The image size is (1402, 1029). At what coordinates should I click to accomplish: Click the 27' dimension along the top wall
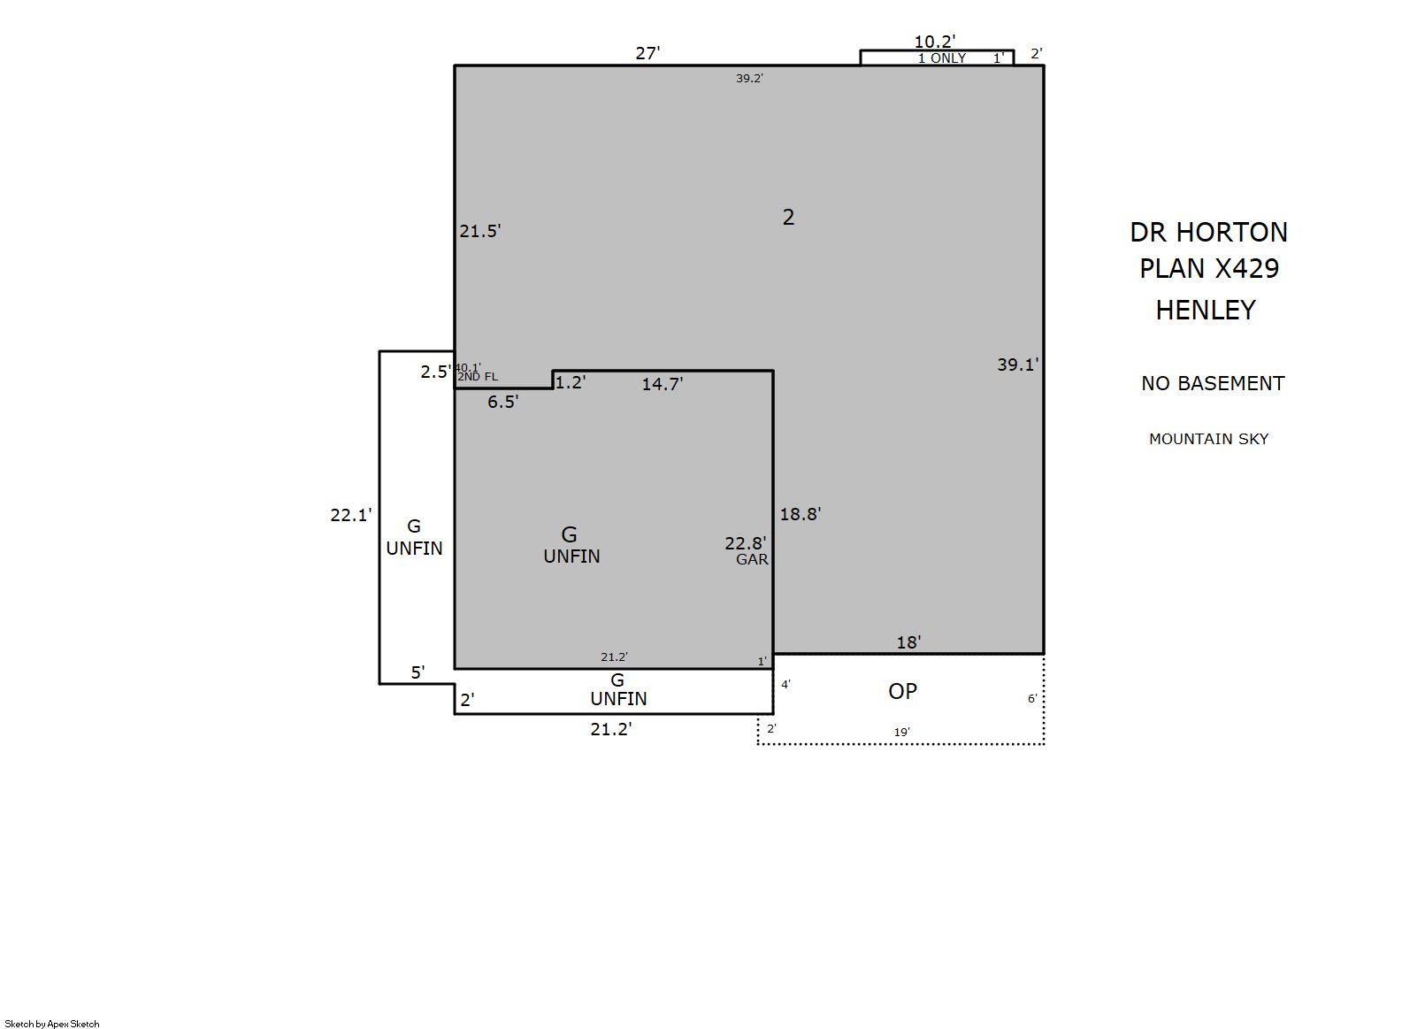tap(647, 53)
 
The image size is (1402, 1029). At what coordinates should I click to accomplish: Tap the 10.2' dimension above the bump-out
tap(934, 42)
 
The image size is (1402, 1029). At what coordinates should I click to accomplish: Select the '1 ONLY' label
tap(941, 58)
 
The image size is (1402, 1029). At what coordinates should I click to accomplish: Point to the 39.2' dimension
tap(749, 78)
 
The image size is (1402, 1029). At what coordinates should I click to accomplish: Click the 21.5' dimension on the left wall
tap(480, 231)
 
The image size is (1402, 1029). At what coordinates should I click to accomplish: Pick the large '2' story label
tap(789, 217)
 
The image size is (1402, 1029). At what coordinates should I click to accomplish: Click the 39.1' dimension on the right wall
tap(1018, 365)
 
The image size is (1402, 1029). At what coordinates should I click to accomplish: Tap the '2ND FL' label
tap(478, 377)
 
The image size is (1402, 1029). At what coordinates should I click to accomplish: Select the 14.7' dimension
tap(663, 384)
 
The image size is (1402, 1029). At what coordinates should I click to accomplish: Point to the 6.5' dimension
tap(503, 402)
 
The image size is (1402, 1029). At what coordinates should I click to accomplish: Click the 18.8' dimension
tap(800, 514)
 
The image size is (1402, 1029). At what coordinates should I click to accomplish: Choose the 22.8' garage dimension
tap(746, 543)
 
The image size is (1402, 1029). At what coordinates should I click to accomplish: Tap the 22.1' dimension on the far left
tap(351, 515)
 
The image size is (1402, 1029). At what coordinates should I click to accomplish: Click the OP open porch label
tap(902, 691)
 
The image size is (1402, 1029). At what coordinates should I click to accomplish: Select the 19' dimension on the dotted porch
tap(901, 732)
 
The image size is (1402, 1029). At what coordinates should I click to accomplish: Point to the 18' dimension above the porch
tap(908, 642)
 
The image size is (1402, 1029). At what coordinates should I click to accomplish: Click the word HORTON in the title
tap(1232, 232)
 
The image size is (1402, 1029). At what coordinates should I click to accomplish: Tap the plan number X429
tap(1247, 268)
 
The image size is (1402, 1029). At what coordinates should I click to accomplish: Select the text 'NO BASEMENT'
tap(1213, 383)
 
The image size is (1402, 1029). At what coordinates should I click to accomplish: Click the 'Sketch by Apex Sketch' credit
tap(52, 1024)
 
